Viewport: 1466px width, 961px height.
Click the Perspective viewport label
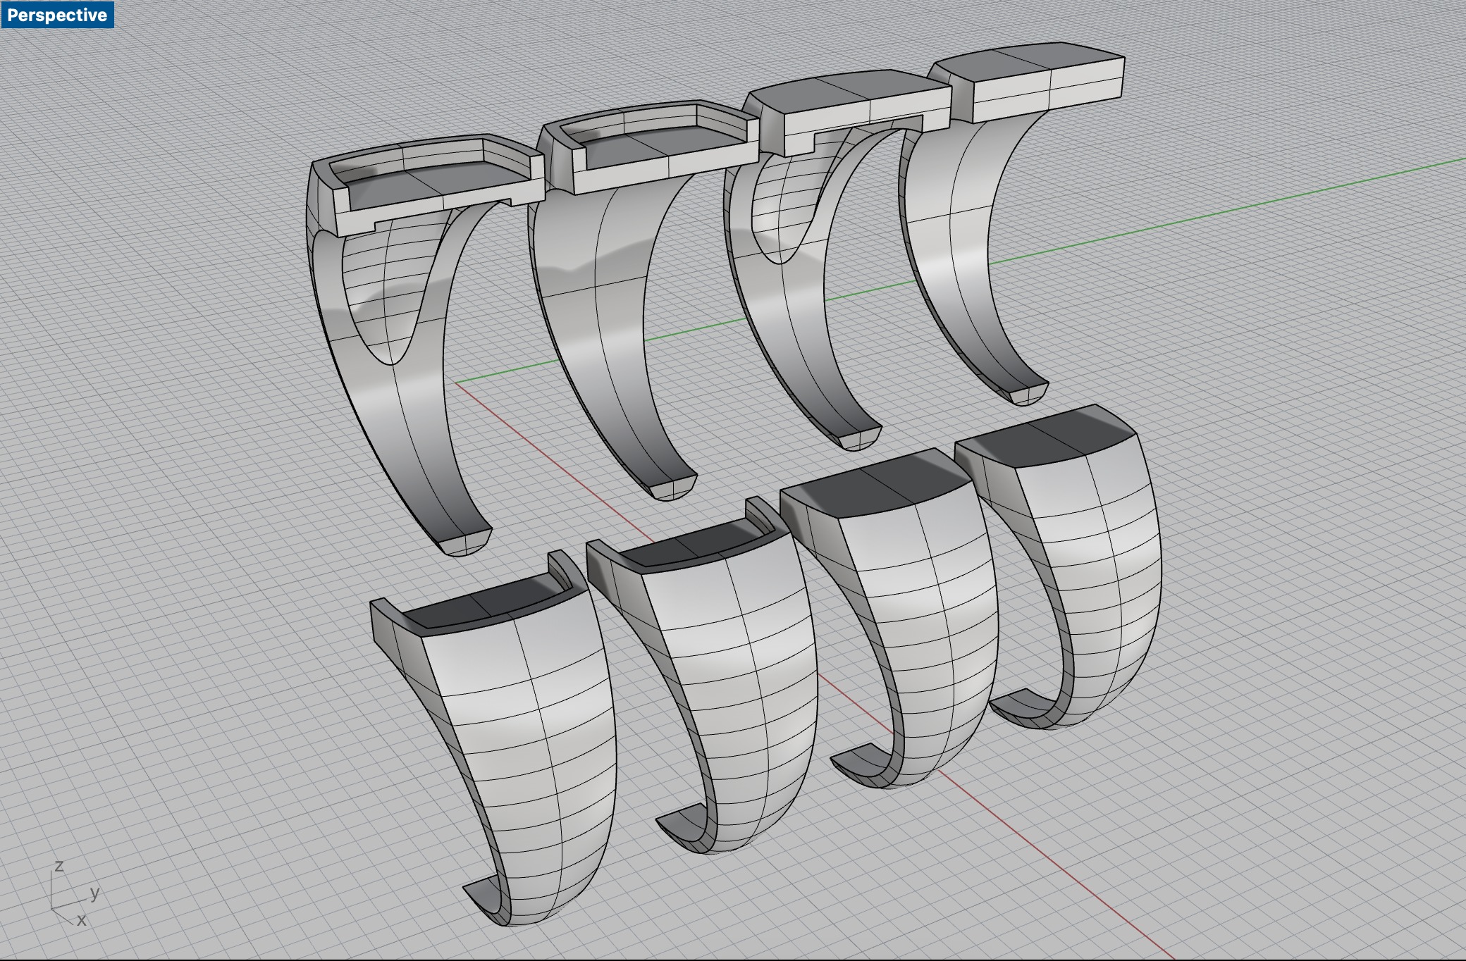(x=57, y=15)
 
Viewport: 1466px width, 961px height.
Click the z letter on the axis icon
(x=59, y=866)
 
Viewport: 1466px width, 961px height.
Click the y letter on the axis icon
(x=94, y=893)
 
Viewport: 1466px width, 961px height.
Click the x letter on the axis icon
(x=82, y=919)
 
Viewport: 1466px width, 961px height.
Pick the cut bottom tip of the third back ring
(x=859, y=438)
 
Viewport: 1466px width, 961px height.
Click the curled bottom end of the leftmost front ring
(x=486, y=898)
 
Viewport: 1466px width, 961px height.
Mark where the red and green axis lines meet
(x=455, y=384)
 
